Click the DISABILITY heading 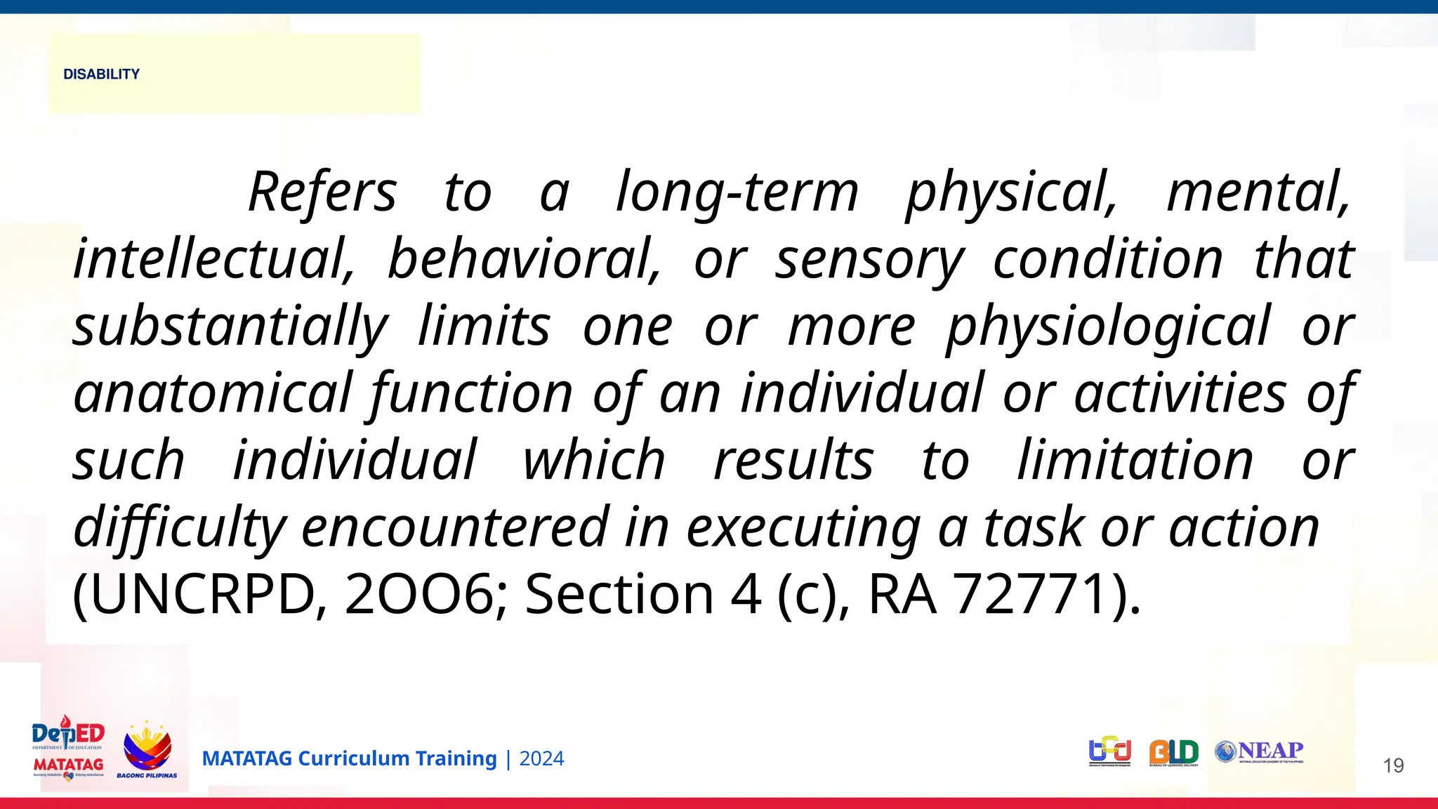coord(101,74)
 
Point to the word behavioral coord(524,259)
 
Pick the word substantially coord(230,327)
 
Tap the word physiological coord(1108,327)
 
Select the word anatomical coord(213,393)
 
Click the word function coord(471,393)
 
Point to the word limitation coord(1135,461)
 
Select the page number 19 coord(1393,765)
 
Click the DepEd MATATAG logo coord(68,749)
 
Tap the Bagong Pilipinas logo coord(147,750)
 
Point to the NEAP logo coord(1259,752)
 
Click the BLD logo coord(1174,753)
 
